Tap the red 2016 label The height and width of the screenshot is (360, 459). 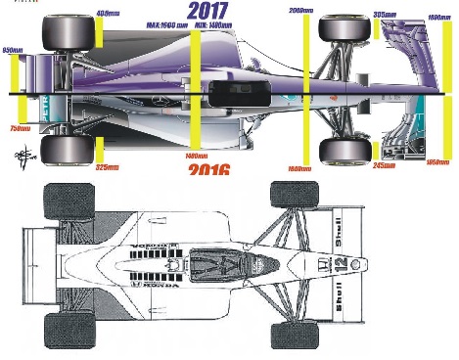208,170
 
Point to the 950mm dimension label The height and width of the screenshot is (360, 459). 13,49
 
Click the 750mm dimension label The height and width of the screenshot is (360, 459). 20,128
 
